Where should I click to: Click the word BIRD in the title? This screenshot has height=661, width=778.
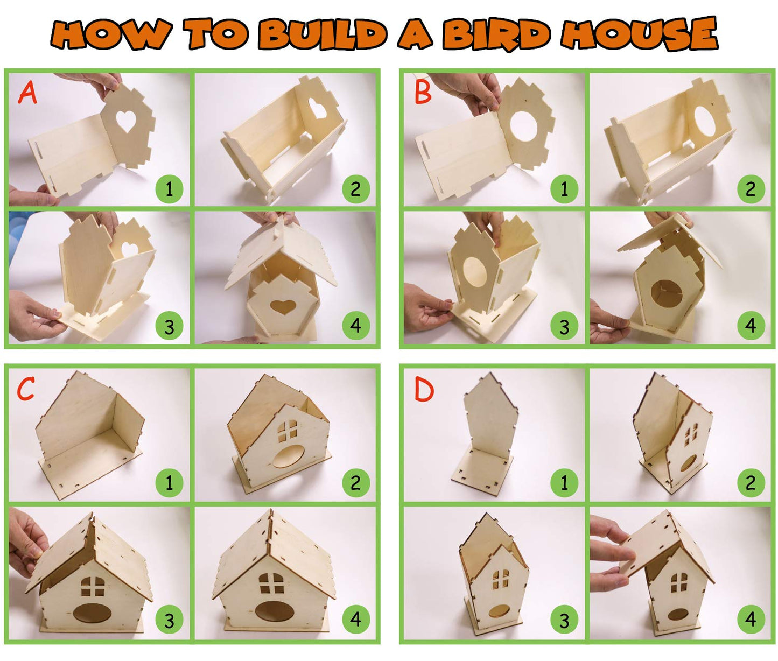tap(496, 34)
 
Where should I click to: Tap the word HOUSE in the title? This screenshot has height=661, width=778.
tap(639, 34)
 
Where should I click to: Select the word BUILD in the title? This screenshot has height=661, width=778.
tap(322, 34)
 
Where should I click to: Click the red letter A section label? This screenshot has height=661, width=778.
tap(27, 92)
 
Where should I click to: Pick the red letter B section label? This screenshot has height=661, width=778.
tap(423, 92)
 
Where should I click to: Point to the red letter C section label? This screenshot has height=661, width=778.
tap(25, 389)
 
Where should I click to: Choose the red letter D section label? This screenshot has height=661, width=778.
tap(424, 389)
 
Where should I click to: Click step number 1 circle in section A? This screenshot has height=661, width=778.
tap(169, 189)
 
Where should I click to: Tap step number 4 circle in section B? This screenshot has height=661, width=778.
tap(751, 325)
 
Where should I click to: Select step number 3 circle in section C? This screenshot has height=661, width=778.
tap(169, 620)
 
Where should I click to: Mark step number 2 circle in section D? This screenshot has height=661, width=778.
tap(751, 483)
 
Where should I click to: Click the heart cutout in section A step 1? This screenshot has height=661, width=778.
tap(127, 121)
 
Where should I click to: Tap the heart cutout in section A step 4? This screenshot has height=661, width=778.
tap(283, 307)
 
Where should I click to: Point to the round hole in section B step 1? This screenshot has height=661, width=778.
tap(524, 127)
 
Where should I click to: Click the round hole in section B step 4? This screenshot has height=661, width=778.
tap(667, 294)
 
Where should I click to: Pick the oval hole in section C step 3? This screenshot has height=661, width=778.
tap(90, 613)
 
